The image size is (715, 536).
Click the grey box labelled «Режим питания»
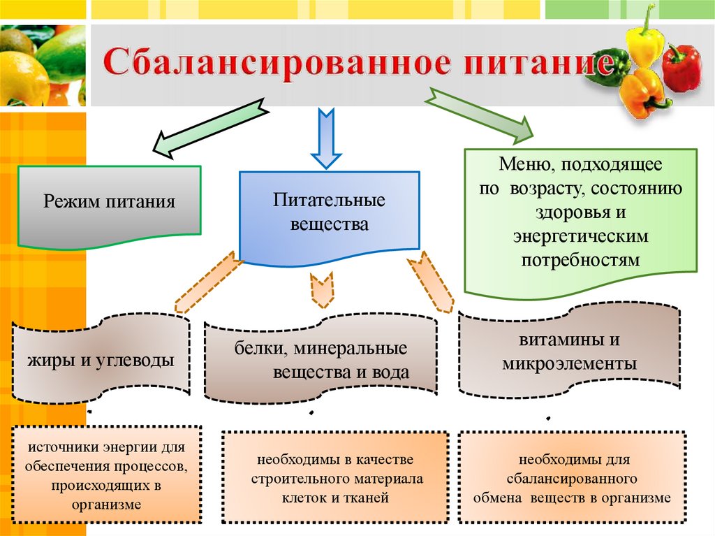click(109, 204)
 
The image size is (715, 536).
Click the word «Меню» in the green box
click(521, 167)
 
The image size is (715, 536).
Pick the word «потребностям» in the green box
click(580, 259)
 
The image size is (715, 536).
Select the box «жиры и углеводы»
click(101, 361)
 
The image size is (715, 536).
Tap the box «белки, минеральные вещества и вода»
click(320, 361)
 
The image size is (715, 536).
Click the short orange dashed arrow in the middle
click(321, 289)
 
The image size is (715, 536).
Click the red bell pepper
click(681, 68)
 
